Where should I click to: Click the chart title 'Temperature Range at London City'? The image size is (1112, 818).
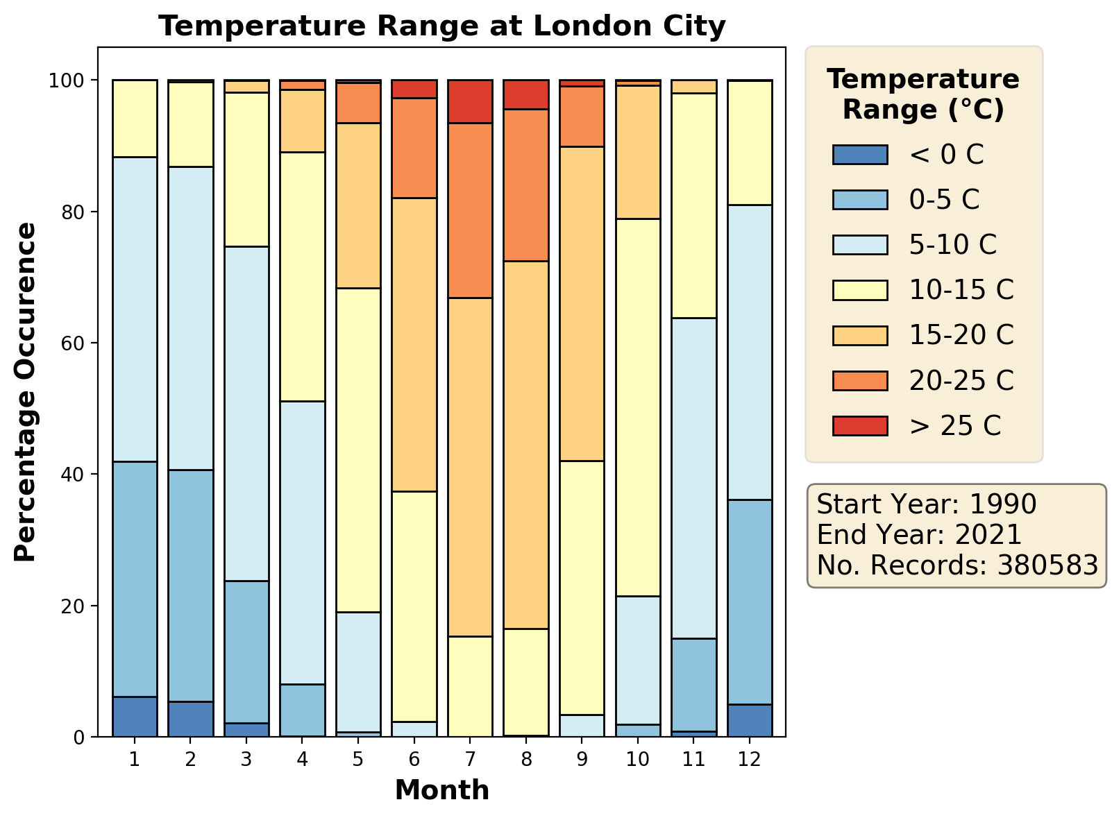click(441, 26)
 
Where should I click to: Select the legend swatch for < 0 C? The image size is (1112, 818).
click(859, 155)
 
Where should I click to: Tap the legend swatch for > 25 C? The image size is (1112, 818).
click(859, 425)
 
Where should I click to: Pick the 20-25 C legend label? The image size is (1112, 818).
click(961, 380)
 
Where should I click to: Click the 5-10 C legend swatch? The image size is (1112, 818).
click(859, 245)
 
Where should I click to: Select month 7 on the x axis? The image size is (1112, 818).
click(470, 759)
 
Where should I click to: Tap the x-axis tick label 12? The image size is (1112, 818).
click(750, 759)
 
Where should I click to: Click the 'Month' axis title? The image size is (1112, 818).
click(441, 790)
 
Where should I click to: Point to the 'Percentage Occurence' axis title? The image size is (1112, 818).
click(26, 392)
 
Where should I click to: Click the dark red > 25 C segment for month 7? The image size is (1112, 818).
click(470, 101)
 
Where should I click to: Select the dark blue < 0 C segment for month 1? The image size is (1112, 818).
click(135, 717)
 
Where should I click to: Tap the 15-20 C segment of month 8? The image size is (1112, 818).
click(526, 445)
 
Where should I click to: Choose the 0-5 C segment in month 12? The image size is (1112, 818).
click(750, 602)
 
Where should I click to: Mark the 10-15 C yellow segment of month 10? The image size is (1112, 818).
click(638, 407)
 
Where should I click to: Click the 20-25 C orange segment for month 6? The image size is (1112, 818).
click(414, 148)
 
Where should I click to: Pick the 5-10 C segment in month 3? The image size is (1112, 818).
click(246, 414)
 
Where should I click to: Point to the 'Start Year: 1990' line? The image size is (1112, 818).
click(926, 504)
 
